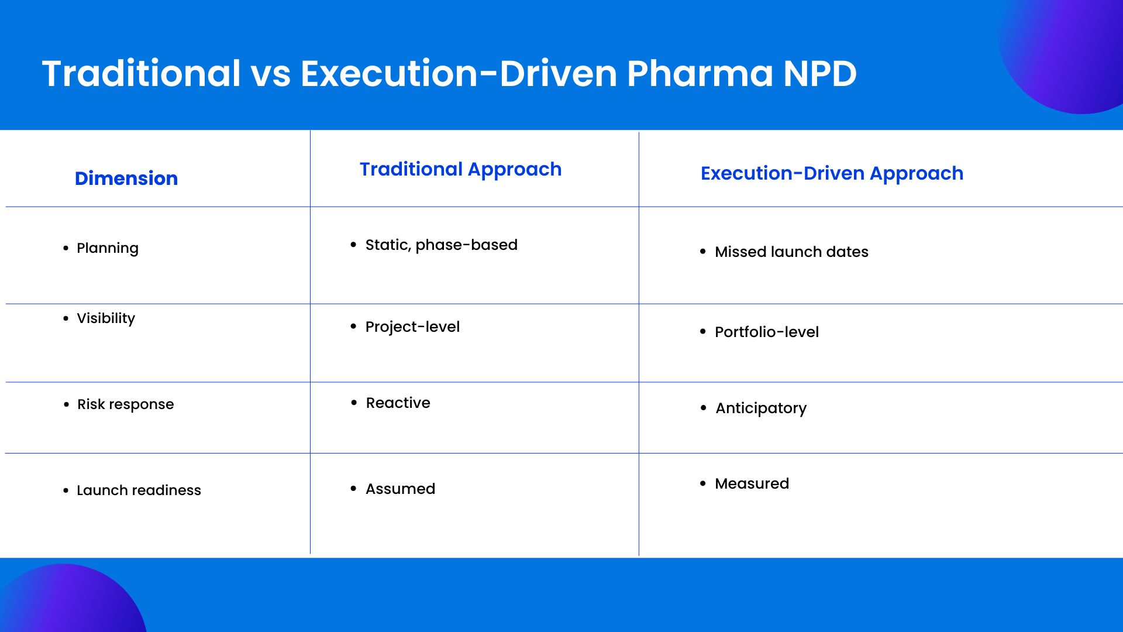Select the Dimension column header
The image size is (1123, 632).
click(126, 178)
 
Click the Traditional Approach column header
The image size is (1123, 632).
click(461, 169)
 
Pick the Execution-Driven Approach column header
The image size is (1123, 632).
click(832, 173)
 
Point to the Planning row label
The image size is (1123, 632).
click(108, 248)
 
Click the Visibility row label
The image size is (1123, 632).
click(106, 318)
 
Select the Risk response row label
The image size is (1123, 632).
click(126, 404)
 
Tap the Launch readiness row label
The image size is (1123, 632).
click(139, 490)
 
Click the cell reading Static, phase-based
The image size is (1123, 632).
click(442, 245)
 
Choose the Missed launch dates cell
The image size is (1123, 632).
click(791, 252)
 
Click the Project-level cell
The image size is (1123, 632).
click(412, 327)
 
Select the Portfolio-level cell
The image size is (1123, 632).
click(767, 332)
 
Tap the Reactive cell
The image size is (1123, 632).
click(398, 403)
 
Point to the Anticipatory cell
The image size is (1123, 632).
click(761, 408)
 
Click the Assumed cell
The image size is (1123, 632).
click(401, 489)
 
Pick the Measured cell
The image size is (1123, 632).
click(752, 483)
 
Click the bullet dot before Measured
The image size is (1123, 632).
click(703, 483)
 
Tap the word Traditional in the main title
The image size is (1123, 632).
click(142, 74)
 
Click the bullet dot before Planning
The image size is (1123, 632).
click(66, 248)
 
